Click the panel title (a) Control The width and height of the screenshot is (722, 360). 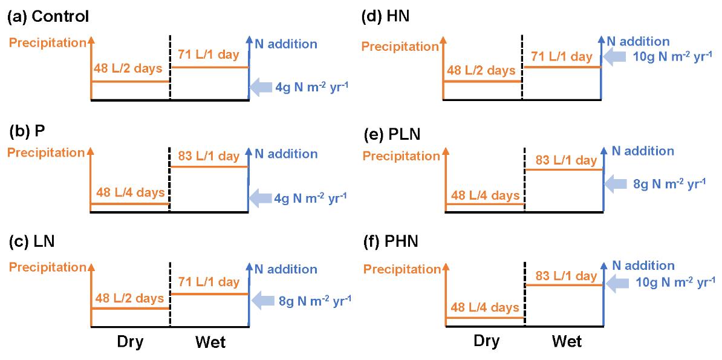click(48, 16)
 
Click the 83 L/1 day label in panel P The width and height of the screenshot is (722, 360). click(209, 157)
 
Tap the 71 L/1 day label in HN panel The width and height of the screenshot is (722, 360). click(561, 57)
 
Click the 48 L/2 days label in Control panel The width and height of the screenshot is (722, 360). click(128, 68)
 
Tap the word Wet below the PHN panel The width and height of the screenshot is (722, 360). click(567, 342)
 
